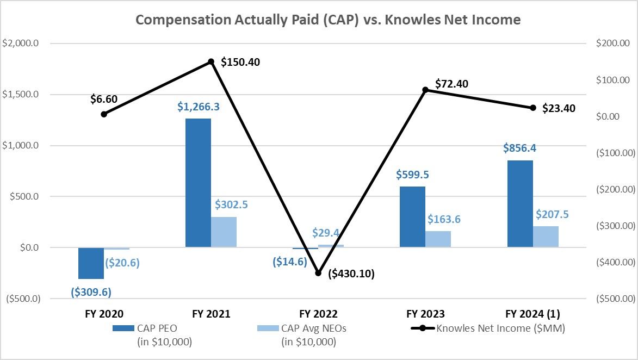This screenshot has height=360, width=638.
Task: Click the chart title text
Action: (x=328, y=20)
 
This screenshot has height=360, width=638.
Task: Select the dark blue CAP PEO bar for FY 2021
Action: (x=198, y=183)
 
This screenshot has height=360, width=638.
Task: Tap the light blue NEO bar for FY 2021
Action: (x=224, y=232)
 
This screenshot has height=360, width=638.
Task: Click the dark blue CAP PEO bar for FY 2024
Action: (x=520, y=203)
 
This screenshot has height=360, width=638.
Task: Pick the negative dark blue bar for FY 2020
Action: (x=91, y=263)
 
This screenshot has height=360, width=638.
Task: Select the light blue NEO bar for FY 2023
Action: (x=438, y=239)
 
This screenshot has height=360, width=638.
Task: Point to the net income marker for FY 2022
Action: (x=319, y=273)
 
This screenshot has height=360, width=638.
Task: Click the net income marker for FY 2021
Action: (x=211, y=61)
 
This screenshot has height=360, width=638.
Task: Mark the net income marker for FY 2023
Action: (x=425, y=90)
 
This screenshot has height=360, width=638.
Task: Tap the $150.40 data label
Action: (x=240, y=62)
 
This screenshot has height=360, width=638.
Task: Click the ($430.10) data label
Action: (x=351, y=274)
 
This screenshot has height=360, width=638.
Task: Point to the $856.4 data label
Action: (x=520, y=148)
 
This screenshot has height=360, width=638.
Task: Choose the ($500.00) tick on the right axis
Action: (x=616, y=299)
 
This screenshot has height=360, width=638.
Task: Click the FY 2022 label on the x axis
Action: (x=319, y=314)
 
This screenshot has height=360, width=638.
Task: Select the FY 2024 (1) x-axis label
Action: (x=532, y=314)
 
